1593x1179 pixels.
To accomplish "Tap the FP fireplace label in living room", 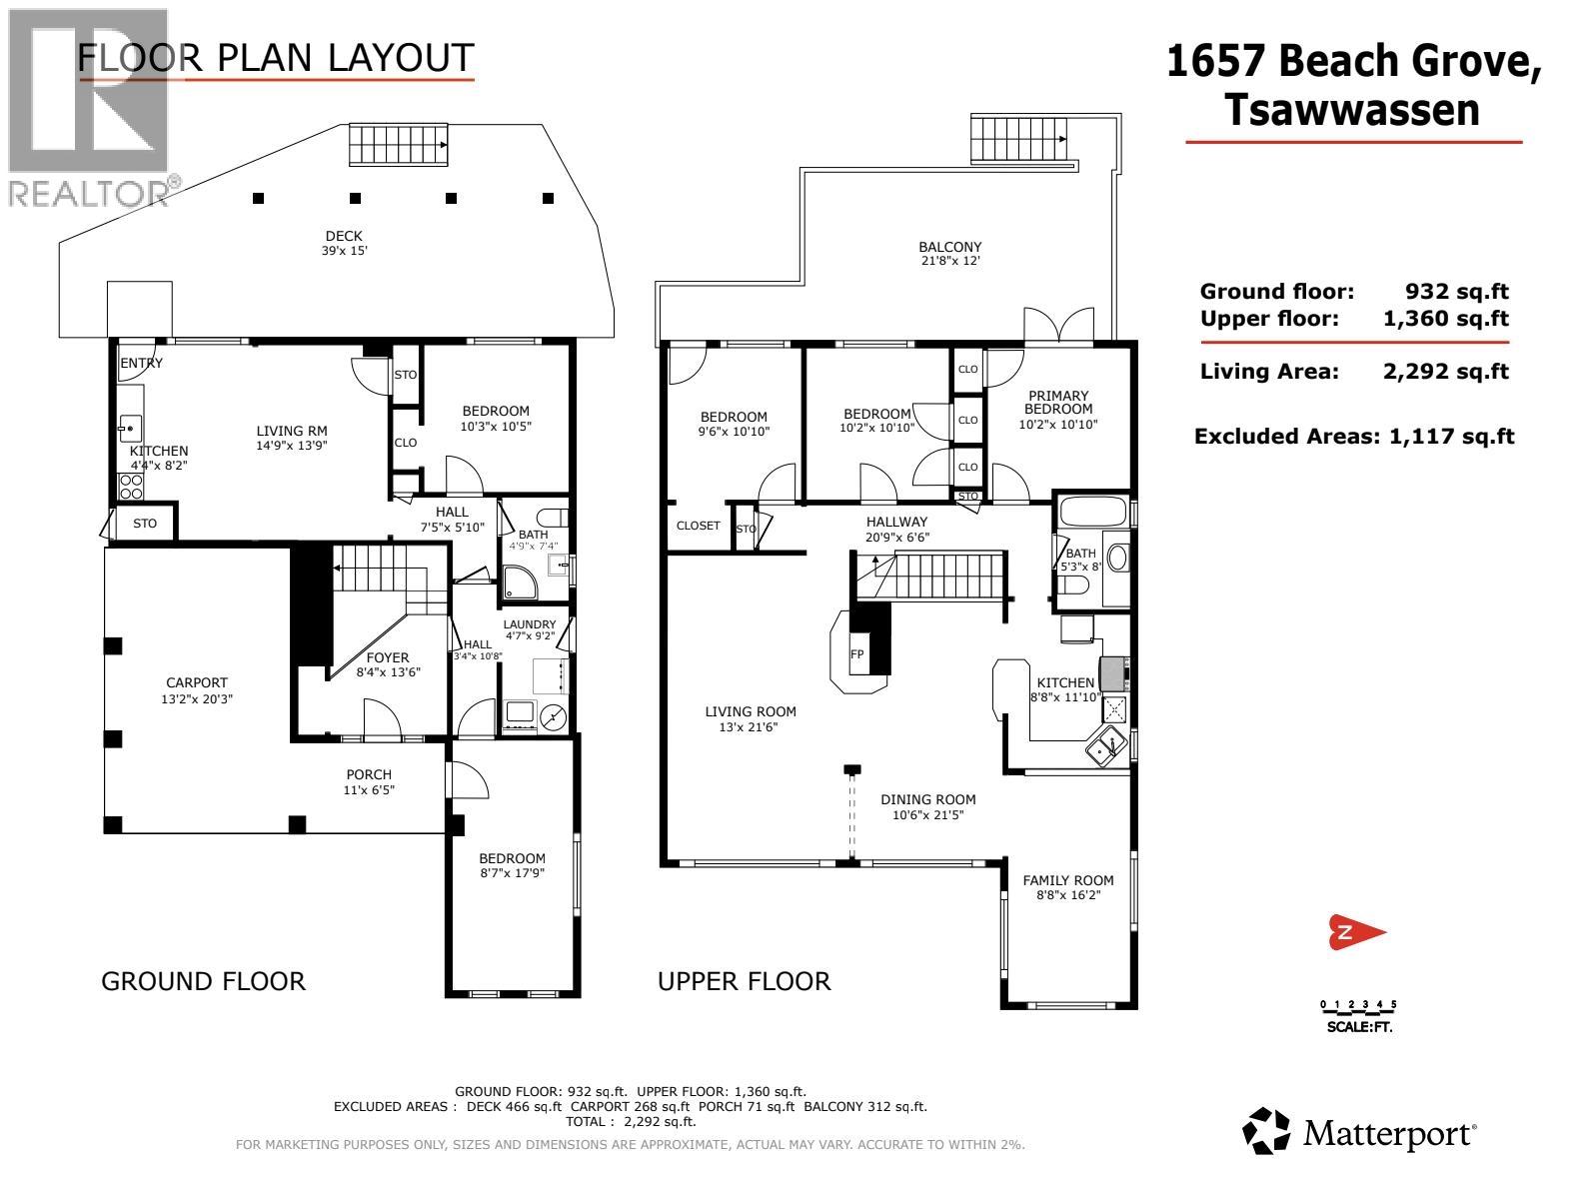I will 856,654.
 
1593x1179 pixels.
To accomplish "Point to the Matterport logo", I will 1359,1133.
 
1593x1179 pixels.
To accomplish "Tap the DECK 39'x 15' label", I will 343,243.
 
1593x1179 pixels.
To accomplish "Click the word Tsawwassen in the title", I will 1351,110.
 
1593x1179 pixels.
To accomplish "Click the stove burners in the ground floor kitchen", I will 131,487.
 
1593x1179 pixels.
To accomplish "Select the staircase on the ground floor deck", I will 398,145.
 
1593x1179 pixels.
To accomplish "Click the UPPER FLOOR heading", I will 744,981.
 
